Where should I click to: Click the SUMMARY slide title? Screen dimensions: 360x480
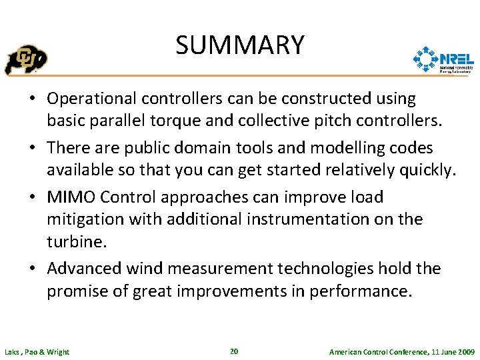tap(240, 45)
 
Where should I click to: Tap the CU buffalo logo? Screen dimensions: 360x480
tap(26, 60)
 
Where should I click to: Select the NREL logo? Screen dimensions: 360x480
tap(443, 59)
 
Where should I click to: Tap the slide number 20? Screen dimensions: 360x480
tap(233, 351)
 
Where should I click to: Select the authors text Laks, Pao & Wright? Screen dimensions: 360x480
tap(37, 351)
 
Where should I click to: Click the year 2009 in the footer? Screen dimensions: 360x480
tap(465, 351)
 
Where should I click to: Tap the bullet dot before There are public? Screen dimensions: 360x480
tap(32, 148)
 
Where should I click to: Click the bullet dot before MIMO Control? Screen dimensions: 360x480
tap(32, 197)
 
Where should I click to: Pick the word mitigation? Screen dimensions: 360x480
tap(79, 219)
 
